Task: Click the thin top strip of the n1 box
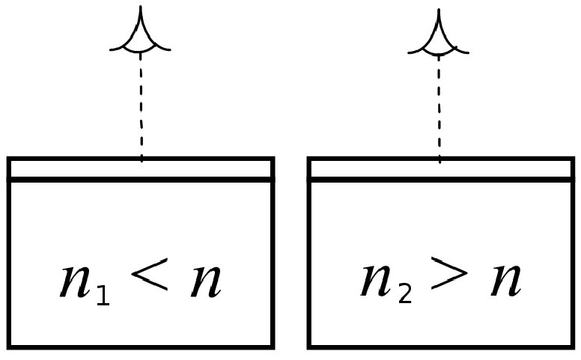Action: pos(140,169)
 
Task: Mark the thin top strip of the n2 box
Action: pos(441,169)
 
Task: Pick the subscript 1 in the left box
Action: pos(102,296)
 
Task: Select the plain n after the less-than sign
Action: pos(205,281)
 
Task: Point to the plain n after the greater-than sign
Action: pos(505,281)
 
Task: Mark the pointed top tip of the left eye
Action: pos(140,7)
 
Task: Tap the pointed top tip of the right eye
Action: pos(438,10)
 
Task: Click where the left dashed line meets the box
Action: pos(142,159)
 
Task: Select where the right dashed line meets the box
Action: pos(439,160)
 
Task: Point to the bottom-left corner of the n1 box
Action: pos(9,346)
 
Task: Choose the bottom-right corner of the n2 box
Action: pos(572,346)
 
